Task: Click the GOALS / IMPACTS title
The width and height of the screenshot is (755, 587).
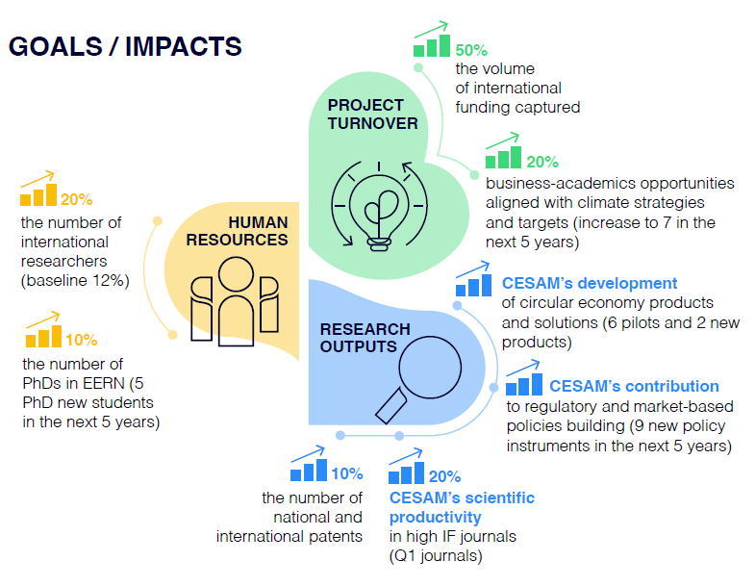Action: click(x=125, y=46)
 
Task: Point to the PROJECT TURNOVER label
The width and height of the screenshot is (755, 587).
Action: click(x=372, y=114)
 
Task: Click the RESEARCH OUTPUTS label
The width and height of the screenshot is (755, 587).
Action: click(x=365, y=338)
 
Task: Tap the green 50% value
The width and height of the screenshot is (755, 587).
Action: click(x=470, y=48)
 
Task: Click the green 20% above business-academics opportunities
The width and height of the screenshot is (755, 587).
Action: click(x=542, y=162)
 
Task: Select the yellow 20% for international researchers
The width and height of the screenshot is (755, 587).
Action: click(x=76, y=200)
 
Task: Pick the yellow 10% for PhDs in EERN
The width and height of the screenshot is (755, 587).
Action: click(x=82, y=340)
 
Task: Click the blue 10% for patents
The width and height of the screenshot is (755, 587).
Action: click(x=346, y=473)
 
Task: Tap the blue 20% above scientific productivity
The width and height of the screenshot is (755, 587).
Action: click(x=444, y=476)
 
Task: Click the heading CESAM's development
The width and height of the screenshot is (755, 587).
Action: click(x=590, y=283)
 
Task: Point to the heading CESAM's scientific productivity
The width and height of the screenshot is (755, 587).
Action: click(x=462, y=507)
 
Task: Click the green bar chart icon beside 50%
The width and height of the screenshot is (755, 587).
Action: click(x=431, y=43)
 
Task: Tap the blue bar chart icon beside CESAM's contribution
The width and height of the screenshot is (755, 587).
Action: click(x=523, y=383)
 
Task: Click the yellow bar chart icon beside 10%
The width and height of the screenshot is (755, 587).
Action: click(x=43, y=335)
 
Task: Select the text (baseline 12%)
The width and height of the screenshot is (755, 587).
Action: click(x=74, y=281)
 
